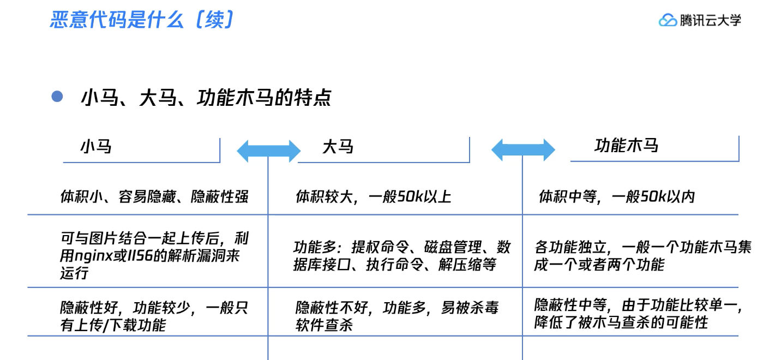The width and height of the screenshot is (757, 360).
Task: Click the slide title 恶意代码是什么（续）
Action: tap(142, 20)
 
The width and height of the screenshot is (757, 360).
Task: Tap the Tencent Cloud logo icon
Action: tap(668, 20)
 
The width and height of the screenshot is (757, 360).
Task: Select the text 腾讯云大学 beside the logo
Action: tap(710, 20)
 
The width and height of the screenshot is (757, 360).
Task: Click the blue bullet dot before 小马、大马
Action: tap(57, 97)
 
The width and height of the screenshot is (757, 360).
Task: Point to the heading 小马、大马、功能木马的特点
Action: tap(206, 98)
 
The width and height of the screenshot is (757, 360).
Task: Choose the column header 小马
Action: tap(96, 147)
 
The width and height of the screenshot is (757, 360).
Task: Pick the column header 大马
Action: tap(338, 147)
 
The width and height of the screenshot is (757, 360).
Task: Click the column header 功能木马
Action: tap(627, 145)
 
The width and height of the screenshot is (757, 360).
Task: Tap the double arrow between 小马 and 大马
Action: tap(269, 151)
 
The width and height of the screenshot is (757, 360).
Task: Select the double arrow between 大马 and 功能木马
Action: tap(523, 150)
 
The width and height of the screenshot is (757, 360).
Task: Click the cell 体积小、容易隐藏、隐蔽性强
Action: tap(154, 196)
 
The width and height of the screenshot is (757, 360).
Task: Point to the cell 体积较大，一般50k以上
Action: tap(374, 196)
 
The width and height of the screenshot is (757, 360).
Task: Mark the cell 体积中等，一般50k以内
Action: tap(617, 196)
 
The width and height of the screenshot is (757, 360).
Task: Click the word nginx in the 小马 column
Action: tap(93, 256)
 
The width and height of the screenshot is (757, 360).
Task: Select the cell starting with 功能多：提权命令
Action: tap(402, 256)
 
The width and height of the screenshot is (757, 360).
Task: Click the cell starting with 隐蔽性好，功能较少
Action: tap(154, 316)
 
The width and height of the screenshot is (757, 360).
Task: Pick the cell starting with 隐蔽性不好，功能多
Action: tap(397, 316)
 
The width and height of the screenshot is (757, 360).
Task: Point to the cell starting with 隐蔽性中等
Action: tap(639, 314)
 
